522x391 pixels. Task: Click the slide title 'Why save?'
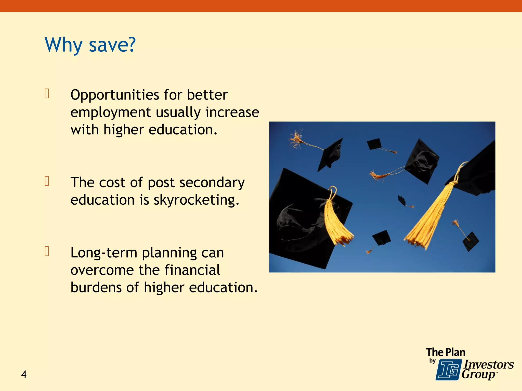tap(90, 45)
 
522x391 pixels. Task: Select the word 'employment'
tap(111, 112)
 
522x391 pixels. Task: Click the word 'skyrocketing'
tap(196, 200)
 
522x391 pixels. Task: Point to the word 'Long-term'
tap(104, 253)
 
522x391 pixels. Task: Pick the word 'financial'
tap(192, 270)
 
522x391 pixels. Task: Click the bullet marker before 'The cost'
tap(47, 181)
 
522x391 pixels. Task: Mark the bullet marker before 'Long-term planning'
tap(47, 251)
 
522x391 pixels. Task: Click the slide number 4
tap(24, 374)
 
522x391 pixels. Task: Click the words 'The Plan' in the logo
tap(446, 352)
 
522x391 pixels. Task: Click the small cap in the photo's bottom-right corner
tap(471, 241)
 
